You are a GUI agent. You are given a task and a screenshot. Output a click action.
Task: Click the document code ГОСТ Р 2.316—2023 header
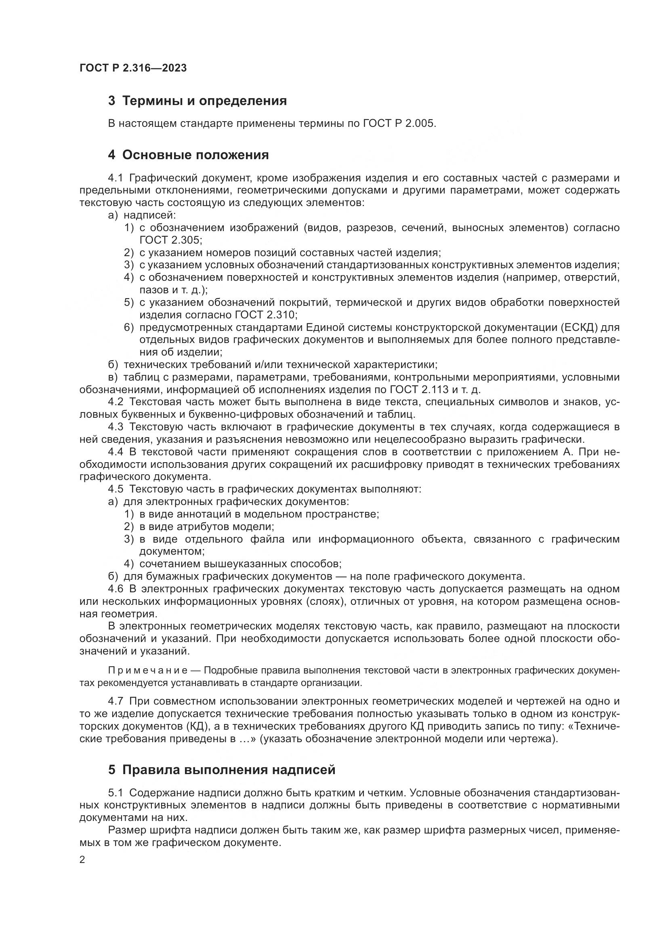pos(133,68)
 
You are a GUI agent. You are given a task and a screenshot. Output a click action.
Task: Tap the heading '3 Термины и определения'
pos(197,101)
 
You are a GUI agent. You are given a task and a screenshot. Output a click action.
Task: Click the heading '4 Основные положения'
pos(188,155)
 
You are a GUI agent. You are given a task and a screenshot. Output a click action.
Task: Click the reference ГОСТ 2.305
pos(170,240)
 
